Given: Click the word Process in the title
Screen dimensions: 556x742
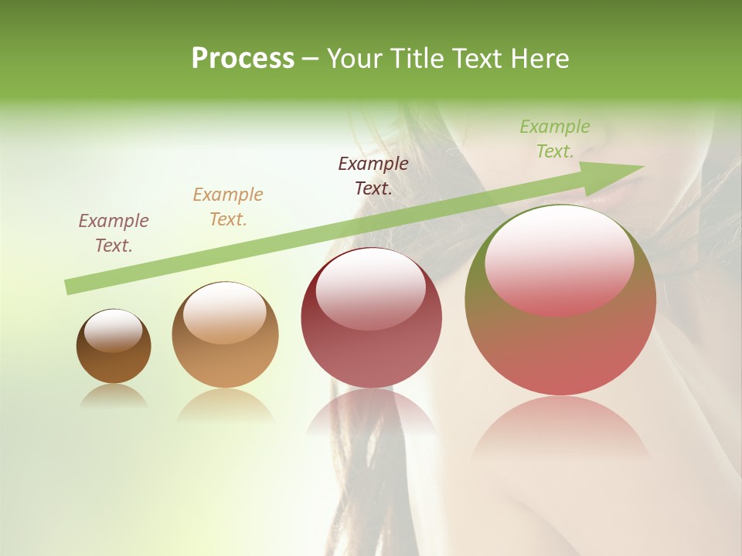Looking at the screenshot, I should coord(243,59).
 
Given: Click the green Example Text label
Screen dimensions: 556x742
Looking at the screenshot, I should coord(554,139).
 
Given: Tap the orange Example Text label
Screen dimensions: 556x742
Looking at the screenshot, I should coord(228,207).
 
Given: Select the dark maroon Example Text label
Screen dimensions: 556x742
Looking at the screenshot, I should coord(373,175).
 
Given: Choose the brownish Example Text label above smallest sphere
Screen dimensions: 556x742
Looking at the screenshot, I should coord(114,232).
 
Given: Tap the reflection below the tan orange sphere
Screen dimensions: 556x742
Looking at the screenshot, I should coord(225,405).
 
